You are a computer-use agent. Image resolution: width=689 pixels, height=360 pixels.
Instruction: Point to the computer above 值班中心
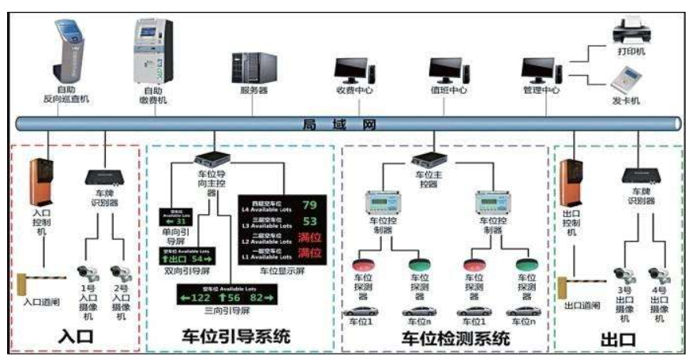tap(448, 69)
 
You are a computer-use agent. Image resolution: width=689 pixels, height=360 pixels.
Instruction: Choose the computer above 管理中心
tap(541, 69)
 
